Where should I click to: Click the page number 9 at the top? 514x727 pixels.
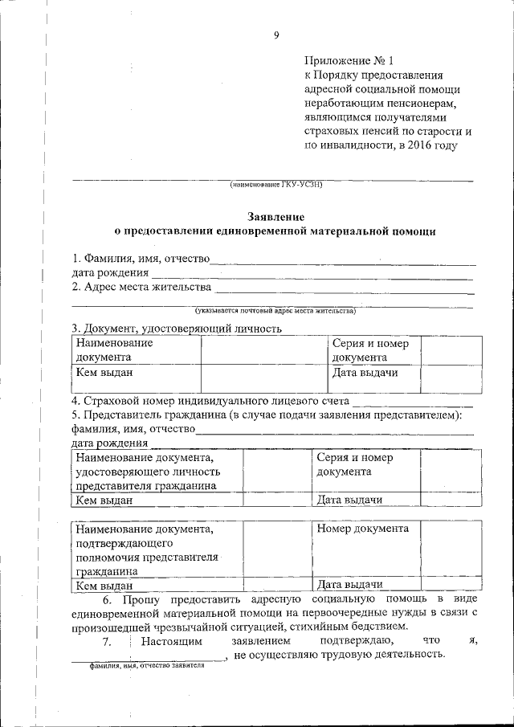click(x=275, y=35)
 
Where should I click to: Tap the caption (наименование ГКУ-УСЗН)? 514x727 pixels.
click(x=275, y=185)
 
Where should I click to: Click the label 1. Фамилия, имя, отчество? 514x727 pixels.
click(x=141, y=259)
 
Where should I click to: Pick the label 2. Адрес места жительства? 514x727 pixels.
click(x=142, y=287)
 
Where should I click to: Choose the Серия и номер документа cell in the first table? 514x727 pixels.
click(x=370, y=350)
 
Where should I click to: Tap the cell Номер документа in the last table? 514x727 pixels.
click(x=363, y=529)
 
